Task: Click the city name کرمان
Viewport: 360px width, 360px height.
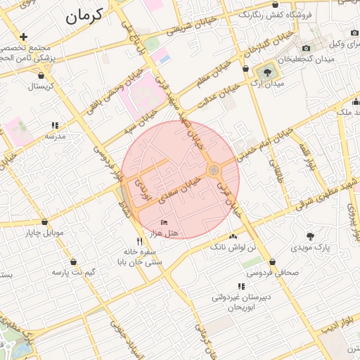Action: (84, 15)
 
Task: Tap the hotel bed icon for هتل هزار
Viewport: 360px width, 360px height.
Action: (164, 222)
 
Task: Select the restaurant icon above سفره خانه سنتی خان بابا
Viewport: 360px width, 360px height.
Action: (140, 241)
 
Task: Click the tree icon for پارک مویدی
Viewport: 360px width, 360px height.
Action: (311, 236)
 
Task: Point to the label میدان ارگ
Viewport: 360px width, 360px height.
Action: (267, 84)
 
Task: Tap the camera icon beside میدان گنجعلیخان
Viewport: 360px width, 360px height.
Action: (306, 48)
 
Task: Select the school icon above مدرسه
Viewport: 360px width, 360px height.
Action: (55, 126)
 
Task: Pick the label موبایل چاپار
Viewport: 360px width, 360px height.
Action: (45, 232)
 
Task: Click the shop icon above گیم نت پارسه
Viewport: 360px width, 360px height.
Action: (73, 262)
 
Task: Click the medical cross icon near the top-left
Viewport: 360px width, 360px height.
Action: (24, 36)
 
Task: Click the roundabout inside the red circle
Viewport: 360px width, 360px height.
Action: (213, 169)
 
